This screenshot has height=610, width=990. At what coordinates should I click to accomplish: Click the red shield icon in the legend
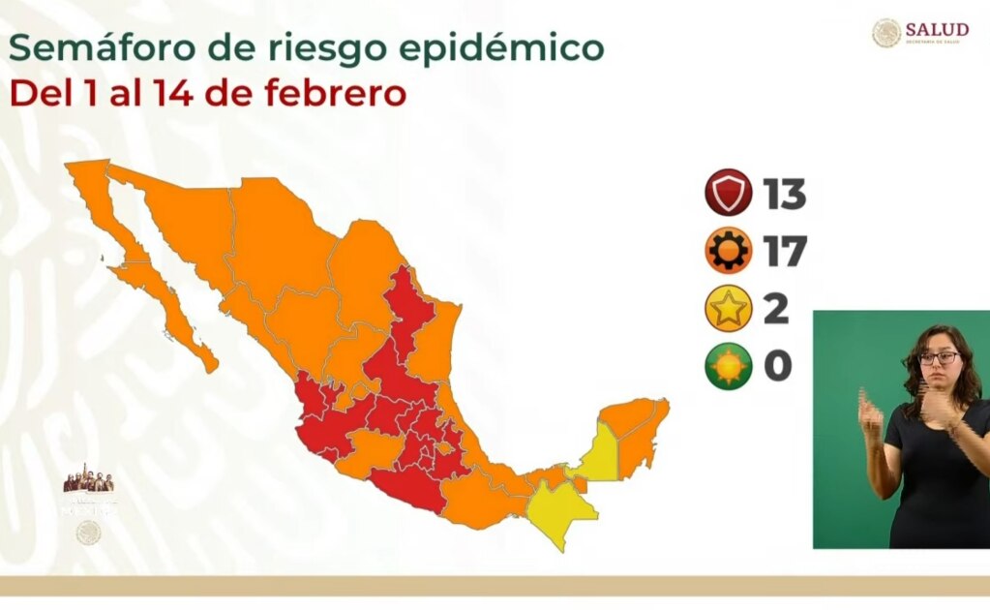(x=728, y=193)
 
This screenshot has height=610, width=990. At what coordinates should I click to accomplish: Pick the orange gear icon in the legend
(x=728, y=251)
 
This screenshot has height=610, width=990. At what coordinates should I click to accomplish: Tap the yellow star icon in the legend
(x=728, y=309)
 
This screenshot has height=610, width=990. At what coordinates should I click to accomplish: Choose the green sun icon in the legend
(x=728, y=367)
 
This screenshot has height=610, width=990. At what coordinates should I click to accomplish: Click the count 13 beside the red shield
(x=784, y=194)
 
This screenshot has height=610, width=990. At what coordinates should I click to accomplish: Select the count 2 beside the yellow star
(x=776, y=310)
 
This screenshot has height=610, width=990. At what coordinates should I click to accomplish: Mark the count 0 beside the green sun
(x=777, y=368)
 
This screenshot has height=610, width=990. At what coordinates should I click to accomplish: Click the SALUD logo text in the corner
(x=936, y=30)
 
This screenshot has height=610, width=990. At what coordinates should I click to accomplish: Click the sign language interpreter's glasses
(x=938, y=358)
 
